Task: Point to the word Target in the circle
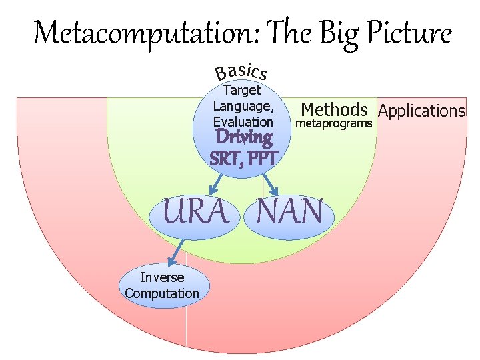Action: pos(242,90)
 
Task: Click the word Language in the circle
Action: pos(243,106)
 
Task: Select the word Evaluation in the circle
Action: pos(243,122)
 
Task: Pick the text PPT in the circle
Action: pos(261,159)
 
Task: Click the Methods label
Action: pos(334,109)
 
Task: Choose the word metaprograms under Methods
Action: pos(333,124)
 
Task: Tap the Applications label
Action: pos(421,111)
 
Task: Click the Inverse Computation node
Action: pos(161,285)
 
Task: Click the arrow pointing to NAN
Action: pos(269,184)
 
